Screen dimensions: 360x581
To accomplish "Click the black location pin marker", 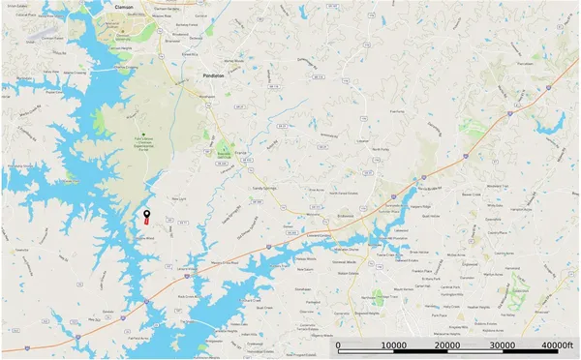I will click(146, 213).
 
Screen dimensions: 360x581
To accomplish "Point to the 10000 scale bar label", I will click(394, 345).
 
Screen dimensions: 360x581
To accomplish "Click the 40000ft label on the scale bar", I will click(558, 345).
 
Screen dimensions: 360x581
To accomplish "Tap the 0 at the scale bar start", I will click(338, 345).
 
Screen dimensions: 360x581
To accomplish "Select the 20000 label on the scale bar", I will click(448, 345).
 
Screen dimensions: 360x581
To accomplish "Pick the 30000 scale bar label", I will click(503, 345).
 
